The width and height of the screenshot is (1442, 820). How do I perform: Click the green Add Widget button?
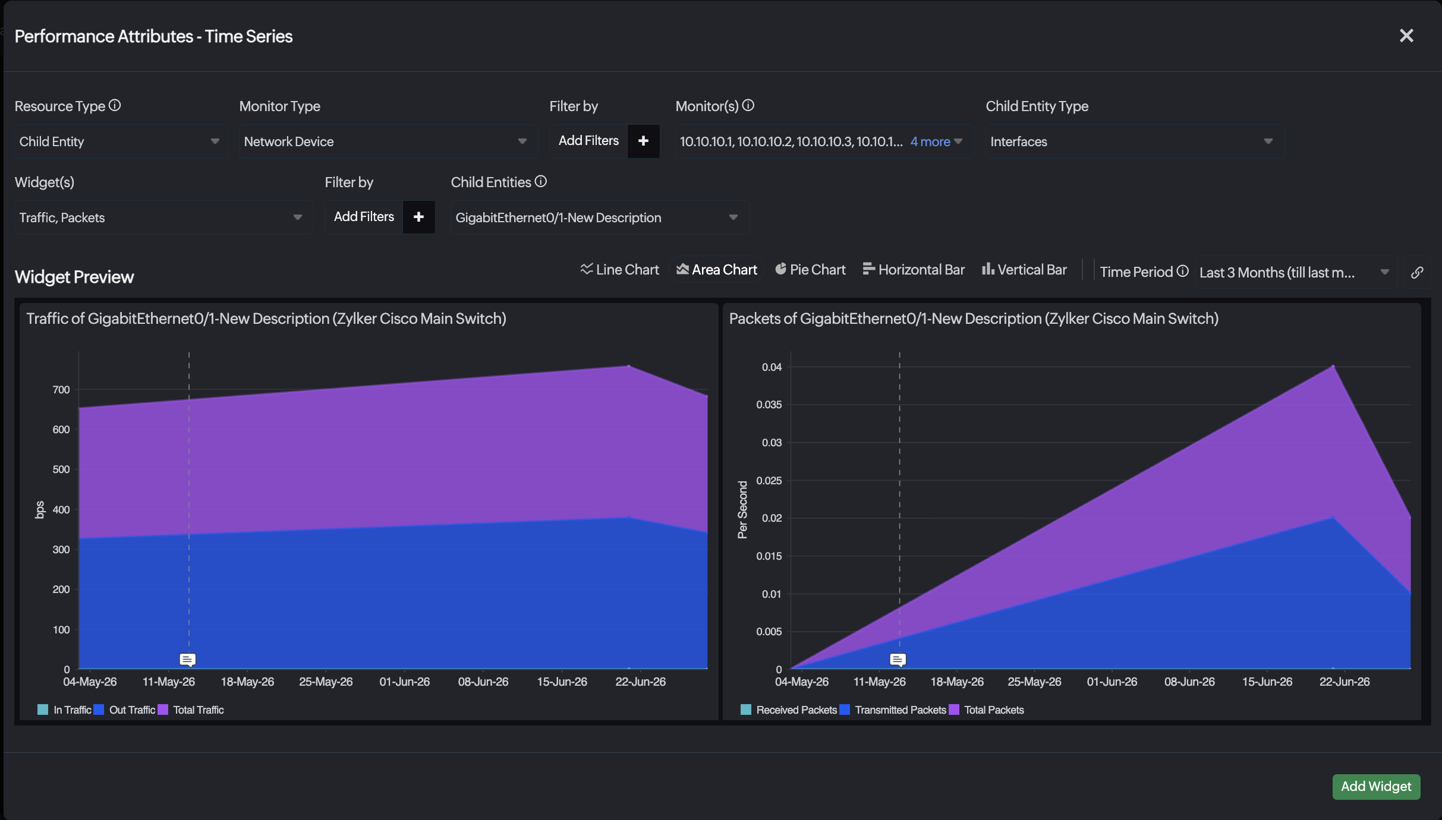pyautogui.click(x=1376, y=786)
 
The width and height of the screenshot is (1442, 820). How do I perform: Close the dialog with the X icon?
pyautogui.click(x=1406, y=36)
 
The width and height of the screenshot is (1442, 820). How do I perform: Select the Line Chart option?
pyautogui.click(x=620, y=270)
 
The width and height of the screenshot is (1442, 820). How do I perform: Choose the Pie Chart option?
pyautogui.click(x=810, y=270)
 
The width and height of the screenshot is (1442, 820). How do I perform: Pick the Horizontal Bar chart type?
pyautogui.click(x=914, y=270)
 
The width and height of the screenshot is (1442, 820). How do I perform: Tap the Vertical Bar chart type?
pyautogui.click(x=1024, y=270)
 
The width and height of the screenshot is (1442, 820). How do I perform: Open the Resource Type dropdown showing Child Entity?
pyautogui.click(x=121, y=141)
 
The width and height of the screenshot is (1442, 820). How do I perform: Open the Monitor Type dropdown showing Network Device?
pyautogui.click(x=388, y=141)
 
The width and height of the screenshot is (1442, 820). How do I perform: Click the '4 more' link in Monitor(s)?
pyautogui.click(x=930, y=141)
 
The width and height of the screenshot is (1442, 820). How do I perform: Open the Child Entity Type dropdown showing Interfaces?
pyautogui.click(x=1135, y=141)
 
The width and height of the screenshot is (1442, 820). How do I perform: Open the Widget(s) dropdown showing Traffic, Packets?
pyautogui.click(x=163, y=217)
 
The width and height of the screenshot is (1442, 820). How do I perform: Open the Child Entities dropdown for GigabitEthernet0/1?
pyautogui.click(x=600, y=217)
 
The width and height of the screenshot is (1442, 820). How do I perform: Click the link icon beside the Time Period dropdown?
pyautogui.click(x=1417, y=272)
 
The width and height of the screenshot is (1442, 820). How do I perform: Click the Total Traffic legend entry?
pyautogui.click(x=191, y=710)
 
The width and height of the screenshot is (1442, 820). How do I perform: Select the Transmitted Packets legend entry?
pyautogui.click(x=893, y=710)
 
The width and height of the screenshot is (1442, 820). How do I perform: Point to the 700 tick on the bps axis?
pyautogui.click(x=61, y=390)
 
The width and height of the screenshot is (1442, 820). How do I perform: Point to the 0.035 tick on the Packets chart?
pyautogui.click(x=769, y=405)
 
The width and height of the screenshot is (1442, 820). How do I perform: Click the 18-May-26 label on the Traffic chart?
pyautogui.click(x=247, y=682)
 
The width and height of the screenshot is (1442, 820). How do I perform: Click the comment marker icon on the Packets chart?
pyautogui.click(x=898, y=660)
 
